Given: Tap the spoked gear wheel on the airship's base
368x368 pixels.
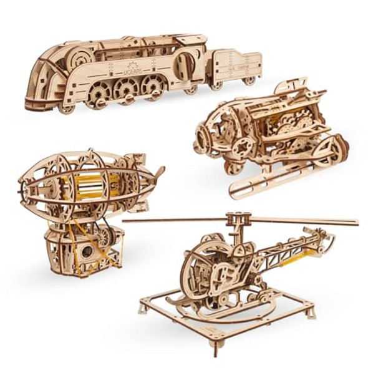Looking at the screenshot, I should [104, 238].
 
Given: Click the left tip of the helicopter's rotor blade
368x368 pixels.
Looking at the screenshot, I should [125, 220].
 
